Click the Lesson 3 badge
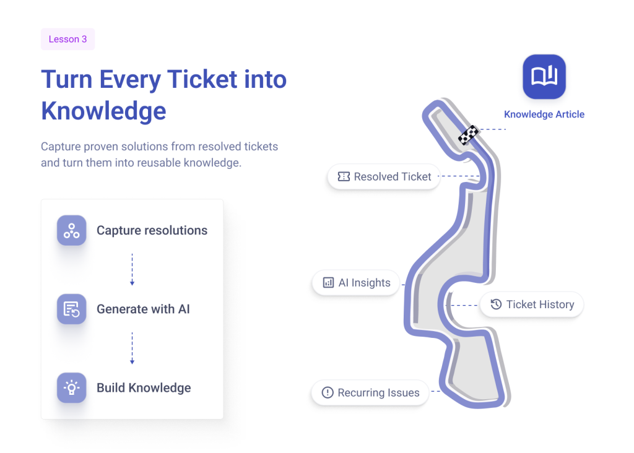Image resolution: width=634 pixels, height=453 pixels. tap(68, 39)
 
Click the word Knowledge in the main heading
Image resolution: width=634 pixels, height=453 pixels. tap(103, 111)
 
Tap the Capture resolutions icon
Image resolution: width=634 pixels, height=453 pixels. tap(72, 230)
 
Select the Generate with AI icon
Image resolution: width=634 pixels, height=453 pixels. tap(72, 309)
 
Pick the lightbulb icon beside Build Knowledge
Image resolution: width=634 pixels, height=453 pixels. tap(72, 388)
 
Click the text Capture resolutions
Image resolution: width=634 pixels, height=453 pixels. tap(152, 230)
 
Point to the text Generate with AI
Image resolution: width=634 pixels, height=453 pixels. tap(143, 309)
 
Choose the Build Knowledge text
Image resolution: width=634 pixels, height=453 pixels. tap(144, 388)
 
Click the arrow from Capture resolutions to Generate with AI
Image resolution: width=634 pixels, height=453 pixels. tap(132, 270)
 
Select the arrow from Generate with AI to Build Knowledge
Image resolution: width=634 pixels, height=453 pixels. tap(132, 348)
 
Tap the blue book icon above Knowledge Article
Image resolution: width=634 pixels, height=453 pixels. tap(544, 77)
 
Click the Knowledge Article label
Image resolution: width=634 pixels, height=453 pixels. tap(544, 114)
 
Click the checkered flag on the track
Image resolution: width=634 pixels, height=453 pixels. tap(469, 134)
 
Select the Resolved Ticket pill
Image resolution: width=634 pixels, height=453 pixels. tap(384, 176)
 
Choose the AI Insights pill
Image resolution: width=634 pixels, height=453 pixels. tap(356, 283)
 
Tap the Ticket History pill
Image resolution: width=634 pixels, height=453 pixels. tap(532, 304)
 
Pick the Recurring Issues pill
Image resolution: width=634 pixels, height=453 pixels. tap(370, 393)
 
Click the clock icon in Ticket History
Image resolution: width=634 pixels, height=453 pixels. tap(496, 304)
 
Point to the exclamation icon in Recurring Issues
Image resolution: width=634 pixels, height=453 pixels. tap(328, 393)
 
